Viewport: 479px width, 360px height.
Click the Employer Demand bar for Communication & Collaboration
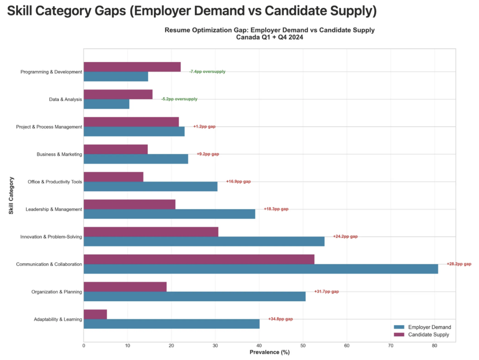[x=261, y=269]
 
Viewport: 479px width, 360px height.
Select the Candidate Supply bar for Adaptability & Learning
[x=95, y=314]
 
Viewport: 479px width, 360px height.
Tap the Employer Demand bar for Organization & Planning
[x=194, y=296]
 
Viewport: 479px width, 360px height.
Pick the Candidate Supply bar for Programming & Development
[x=132, y=67]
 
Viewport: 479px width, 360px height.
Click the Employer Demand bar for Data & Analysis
[x=106, y=104]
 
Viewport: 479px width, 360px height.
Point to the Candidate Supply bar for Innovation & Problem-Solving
[x=151, y=232]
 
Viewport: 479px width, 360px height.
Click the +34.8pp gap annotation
[x=280, y=319]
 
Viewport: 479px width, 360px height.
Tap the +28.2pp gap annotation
[x=459, y=264]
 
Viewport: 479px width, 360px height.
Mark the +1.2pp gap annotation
[x=204, y=127]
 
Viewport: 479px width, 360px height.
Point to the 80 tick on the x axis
[x=435, y=346]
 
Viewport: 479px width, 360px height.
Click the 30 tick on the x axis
[x=215, y=346]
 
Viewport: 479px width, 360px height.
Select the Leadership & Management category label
[x=54, y=209]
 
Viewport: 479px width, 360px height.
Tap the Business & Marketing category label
[x=59, y=154]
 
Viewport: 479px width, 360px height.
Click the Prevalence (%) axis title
[x=269, y=352]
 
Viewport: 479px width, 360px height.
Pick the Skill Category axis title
[x=11, y=195]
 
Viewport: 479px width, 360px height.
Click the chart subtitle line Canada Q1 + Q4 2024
[x=269, y=37]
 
